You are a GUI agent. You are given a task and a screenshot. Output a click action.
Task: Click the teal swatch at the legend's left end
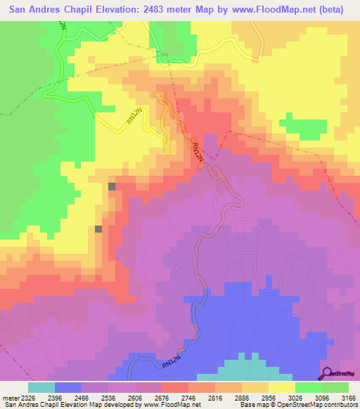click(41, 387)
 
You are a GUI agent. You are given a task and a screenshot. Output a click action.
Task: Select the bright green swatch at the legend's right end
click(335, 387)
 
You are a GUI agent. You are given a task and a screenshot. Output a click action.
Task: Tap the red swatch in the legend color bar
click(175, 387)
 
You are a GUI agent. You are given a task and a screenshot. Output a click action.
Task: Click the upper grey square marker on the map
click(112, 186)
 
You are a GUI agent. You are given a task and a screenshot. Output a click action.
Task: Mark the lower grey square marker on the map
click(98, 228)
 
